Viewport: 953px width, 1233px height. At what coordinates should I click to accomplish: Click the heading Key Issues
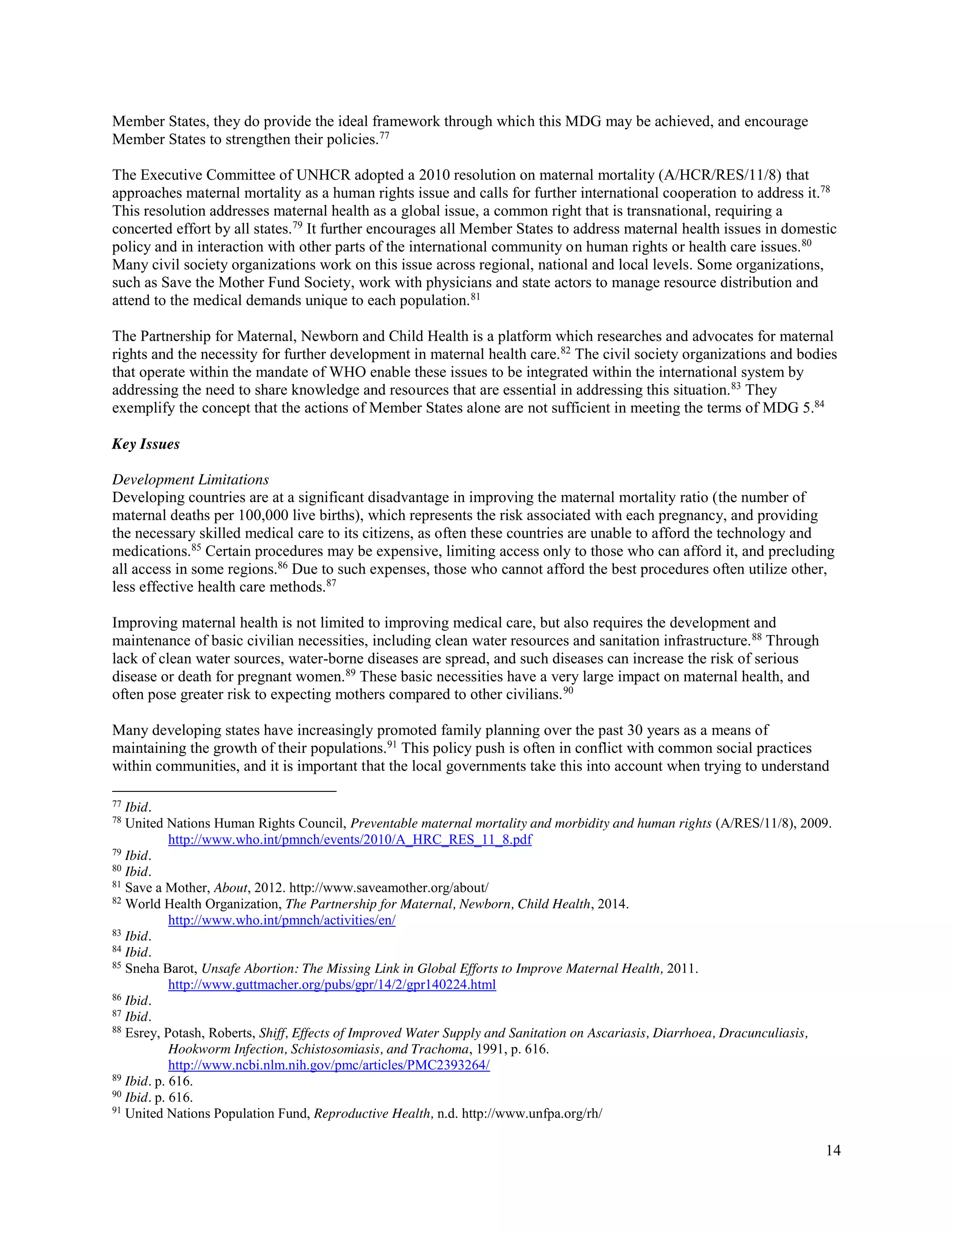(146, 444)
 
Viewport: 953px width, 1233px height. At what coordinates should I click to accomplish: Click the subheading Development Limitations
(190, 479)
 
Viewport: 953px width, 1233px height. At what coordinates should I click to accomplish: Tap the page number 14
(833, 1150)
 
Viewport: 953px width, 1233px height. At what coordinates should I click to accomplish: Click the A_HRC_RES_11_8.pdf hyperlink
(349, 839)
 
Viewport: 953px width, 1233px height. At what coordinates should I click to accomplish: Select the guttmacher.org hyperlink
(332, 985)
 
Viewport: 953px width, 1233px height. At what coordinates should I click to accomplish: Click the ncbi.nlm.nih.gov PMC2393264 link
(329, 1065)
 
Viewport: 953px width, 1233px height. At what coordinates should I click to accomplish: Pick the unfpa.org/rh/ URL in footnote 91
(531, 1113)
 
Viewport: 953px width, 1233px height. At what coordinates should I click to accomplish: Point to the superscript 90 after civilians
(568, 690)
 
